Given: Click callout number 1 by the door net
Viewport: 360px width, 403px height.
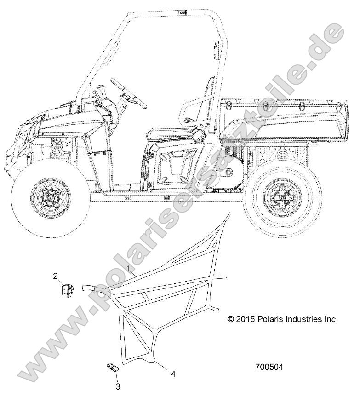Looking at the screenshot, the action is click(131, 269).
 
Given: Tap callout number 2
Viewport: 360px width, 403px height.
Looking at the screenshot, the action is click(56, 276).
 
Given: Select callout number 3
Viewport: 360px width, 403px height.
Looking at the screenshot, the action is click(118, 386).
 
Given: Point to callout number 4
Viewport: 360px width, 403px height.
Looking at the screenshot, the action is click(173, 374).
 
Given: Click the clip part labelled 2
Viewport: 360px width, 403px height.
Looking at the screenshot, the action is click(68, 291).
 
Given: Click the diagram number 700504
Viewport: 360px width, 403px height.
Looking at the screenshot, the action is click(269, 367).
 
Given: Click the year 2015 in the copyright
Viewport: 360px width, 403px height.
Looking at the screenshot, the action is click(245, 319).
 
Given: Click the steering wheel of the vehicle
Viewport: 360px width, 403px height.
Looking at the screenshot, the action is click(128, 93).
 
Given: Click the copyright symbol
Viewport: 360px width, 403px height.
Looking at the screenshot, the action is click(230, 319).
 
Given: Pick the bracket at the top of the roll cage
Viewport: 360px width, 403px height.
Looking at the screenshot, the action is click(183, 12).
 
